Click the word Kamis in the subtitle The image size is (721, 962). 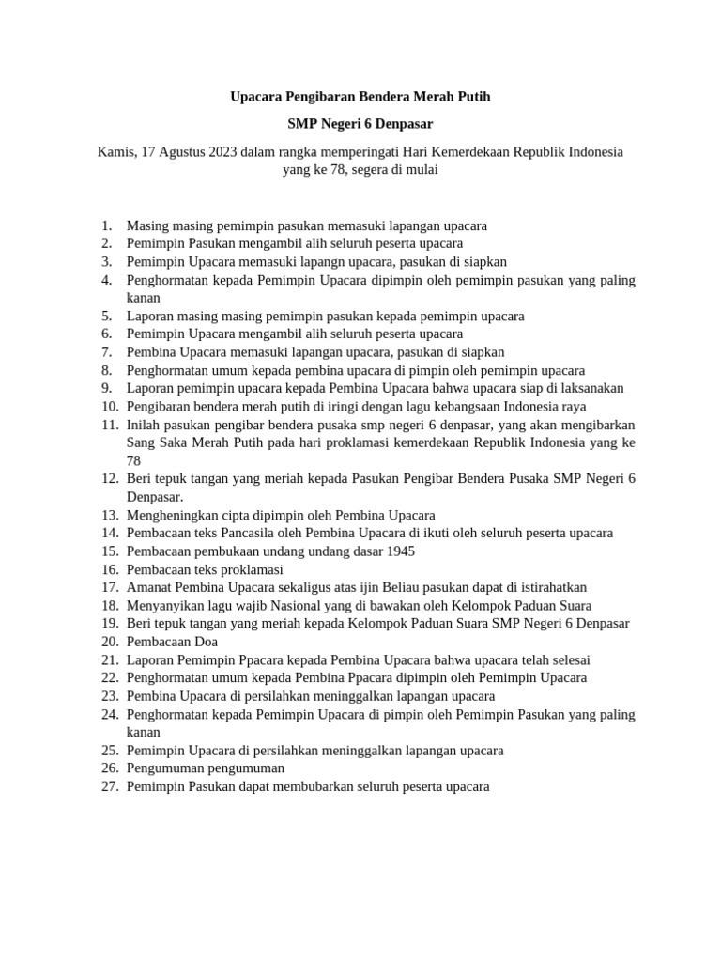[116, 152]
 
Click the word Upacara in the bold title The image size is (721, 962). [255, 96]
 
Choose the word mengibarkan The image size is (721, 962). [590, 425]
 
